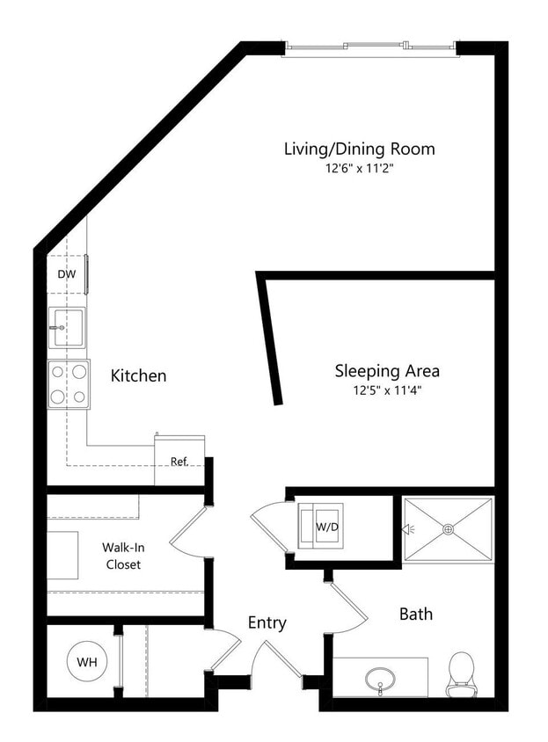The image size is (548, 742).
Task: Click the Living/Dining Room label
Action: point(359,149)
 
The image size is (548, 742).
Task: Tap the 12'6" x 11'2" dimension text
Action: point(359,170)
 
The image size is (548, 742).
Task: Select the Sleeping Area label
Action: point(387,371)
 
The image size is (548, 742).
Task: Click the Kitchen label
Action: point(138,376)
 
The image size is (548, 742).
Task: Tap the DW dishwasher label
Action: point(67,274)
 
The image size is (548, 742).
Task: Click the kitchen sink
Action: point(66,327)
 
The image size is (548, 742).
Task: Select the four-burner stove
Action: point(69,384)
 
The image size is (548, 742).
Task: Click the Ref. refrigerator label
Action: point(179,461)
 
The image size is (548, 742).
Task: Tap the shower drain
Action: point(449,529)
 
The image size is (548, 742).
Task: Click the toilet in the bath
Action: point(461,676)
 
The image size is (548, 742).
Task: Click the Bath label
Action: point(415,614)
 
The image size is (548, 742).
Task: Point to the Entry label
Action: point(267,622)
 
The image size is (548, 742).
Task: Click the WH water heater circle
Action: point(86,660)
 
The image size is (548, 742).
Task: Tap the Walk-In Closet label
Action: point(122,556)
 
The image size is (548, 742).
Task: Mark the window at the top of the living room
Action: point(369,47)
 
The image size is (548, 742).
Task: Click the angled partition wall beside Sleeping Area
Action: point(270,338)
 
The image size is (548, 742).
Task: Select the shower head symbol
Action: point(407,529)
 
